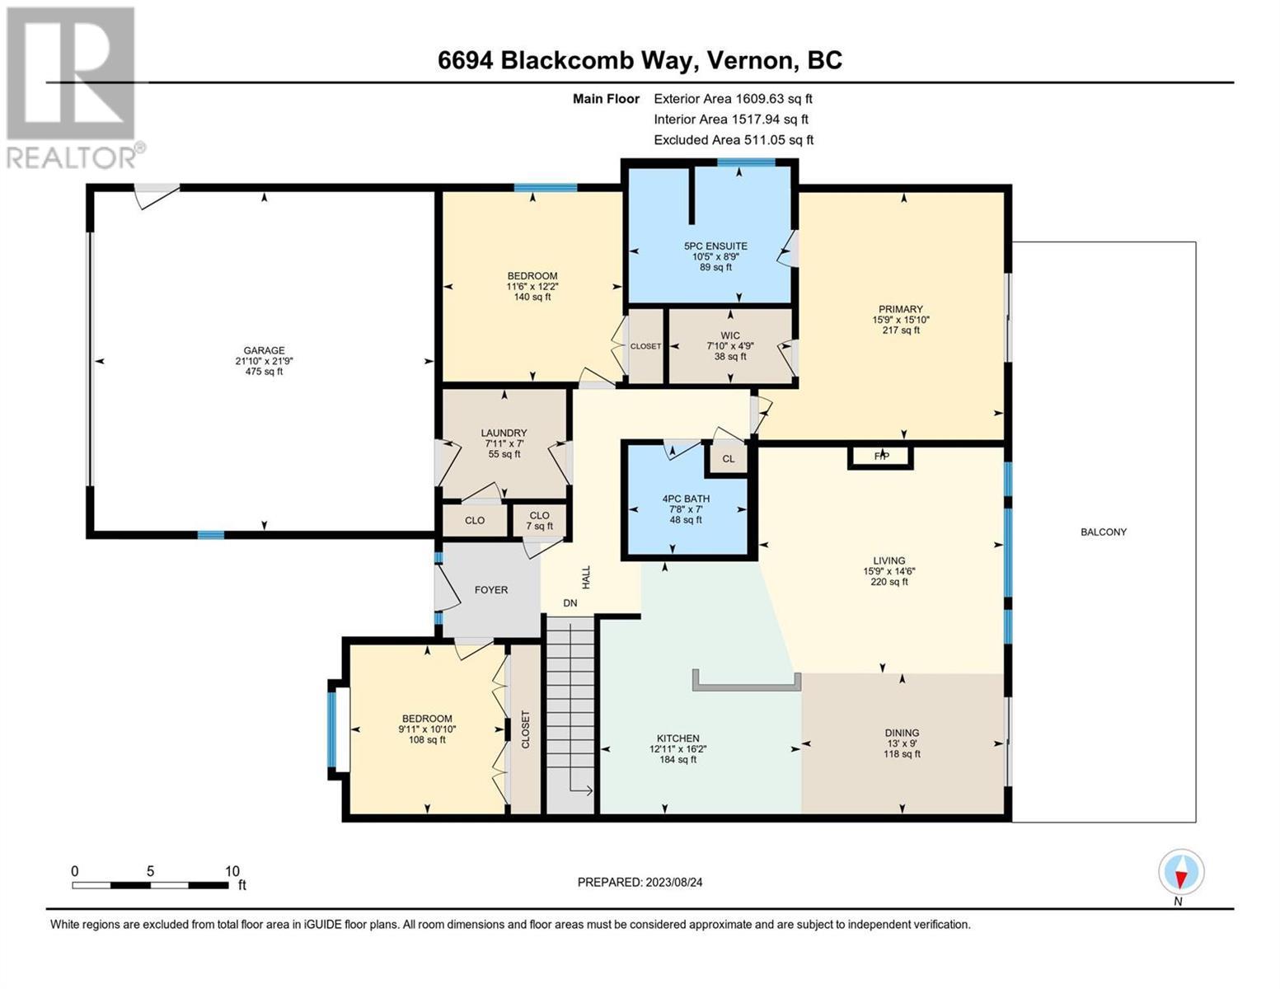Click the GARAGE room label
click(264, 350)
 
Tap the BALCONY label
click(1104, 532)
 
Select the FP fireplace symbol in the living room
click(880, 457)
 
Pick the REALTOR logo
click(73, 88)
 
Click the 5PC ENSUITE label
click(715, 246)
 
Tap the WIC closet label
click(729, 335)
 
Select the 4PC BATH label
click(686, 499)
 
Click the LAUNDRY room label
click(504, 433)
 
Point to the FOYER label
click(490, 589)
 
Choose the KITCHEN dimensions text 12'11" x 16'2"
click(678, 749)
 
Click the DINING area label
click(902, 733)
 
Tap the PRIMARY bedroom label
click(901, 309)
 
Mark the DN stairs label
click(570, 603)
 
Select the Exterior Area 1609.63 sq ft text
click(733, 99)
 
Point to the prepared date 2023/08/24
click(674, 883)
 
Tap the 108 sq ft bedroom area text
click(427, 739)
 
